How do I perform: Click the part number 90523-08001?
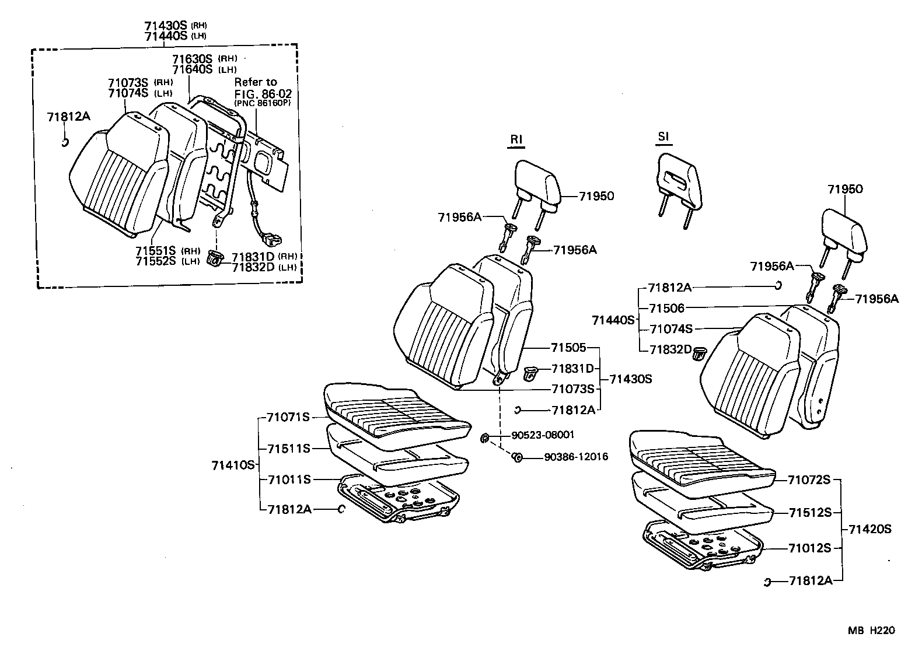pyautogui.click(x=543, y=435)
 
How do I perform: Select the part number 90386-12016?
pyautogui.click(x=575, y=457)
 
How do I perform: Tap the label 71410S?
pyautogui.click(x=233, y=465)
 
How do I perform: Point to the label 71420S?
pyautogui.click(x=870, y=530)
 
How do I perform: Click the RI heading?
pyautogui.click(x=516, y=139)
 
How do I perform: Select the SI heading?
pyautogui.click(x=663, y=137)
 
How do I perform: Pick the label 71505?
pyautogui.click(x=568, y=348)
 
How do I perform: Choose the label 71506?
pyautogui.click(x=667, y=308)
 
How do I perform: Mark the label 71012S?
pyautogui.click(x=809, y=548)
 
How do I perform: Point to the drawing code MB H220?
pyautogui.click(x=871, y=631)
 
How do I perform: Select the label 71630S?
pyautogui.click(x=192, y=59)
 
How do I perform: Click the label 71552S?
pyautogui.click(x=156, y=261)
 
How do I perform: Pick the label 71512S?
pyautogui.click(x=810, y=513)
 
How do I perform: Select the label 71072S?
pyautogui.click(x=809, y=480)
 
